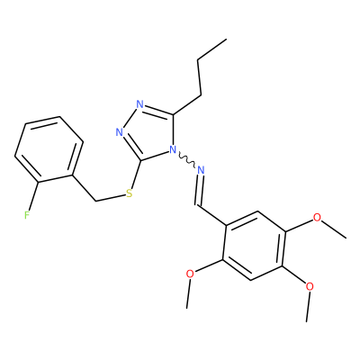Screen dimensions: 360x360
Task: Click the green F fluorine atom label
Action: coord(27,215)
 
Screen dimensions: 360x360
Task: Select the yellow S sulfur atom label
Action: coord(130,193)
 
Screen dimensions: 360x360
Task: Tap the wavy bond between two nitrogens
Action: coord(187,159)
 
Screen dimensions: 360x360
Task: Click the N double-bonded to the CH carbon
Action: coord(201,170)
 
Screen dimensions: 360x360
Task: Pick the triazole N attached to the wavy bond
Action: coord(173,149)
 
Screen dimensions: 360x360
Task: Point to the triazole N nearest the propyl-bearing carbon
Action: coord(139,104)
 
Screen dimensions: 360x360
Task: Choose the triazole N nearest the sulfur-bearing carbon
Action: coord(120,132)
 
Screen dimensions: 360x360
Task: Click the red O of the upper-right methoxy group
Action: coord(317,217)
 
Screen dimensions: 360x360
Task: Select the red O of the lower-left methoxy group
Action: coord(190,274)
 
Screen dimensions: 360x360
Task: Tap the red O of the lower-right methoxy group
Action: coord(310,286)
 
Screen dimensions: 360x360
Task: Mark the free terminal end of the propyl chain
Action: coord(226,39)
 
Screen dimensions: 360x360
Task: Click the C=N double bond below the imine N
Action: coord(199,190)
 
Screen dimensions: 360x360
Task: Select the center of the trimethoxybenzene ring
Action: coord(254,246)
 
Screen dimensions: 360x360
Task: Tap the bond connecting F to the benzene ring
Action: coord(33,196)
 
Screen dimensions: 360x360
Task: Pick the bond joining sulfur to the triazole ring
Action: coord(136,175)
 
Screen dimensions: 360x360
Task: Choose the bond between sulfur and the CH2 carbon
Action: coord(110,198)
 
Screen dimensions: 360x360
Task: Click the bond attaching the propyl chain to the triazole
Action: coord(187,105)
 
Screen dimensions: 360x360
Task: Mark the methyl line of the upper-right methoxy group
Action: coord(334,229)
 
